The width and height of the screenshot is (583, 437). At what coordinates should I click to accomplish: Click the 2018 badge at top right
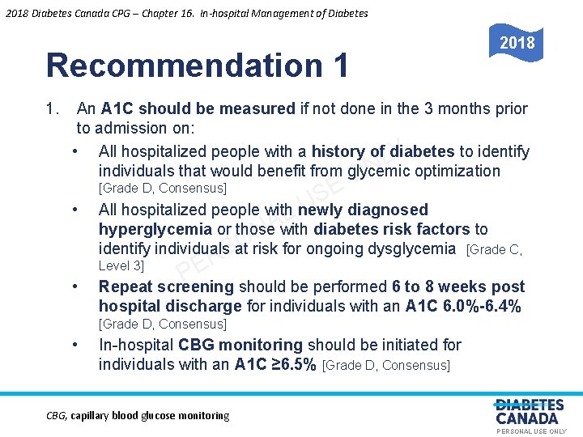[516, 43]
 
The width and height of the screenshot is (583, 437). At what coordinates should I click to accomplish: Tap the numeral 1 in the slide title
[338, 66]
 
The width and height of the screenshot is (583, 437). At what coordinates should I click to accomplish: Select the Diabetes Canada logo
[530, 412]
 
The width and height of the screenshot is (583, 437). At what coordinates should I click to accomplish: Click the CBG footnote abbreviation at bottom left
[57, 416]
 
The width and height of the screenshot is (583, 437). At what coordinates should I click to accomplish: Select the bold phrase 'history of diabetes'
[383, 151]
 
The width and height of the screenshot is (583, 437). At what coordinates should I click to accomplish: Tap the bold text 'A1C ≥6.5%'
[275, 364]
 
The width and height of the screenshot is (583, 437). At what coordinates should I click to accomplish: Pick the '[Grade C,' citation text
[495, 250]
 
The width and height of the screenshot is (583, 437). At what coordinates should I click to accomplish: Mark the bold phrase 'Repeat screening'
[166, 286]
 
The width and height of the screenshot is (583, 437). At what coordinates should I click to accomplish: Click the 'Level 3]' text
[121, 265]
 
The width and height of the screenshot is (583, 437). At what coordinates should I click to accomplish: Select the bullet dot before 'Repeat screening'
[74, 287]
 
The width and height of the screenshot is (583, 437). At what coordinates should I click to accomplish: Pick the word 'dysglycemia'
[411, 248]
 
